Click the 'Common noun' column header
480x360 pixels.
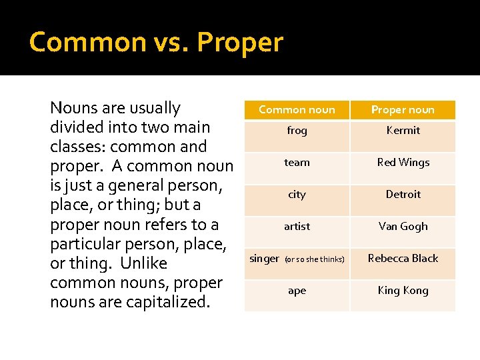tap(297, 109)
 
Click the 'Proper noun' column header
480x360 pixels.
tap(403, 109)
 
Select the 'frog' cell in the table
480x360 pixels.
tap(297, 131)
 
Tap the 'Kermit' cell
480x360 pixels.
tap(403, 131)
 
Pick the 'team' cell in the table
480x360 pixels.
tap(297, 163)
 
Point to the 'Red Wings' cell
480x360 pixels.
tap(403, 163)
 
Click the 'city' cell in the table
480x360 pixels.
tap(297, 195)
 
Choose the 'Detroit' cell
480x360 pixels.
tap(403, 195)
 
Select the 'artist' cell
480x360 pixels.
tap(297, 227)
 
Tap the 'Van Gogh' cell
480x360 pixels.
tap(403, 227)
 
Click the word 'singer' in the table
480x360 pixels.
tap(264, 259)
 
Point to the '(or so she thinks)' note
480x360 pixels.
tap(315, 259)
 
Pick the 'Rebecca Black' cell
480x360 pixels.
tap(403, 259)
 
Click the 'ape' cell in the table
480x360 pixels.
tap(297, 291)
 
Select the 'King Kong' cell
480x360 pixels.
tap(403, 291)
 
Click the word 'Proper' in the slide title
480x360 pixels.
tap(240, 43)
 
